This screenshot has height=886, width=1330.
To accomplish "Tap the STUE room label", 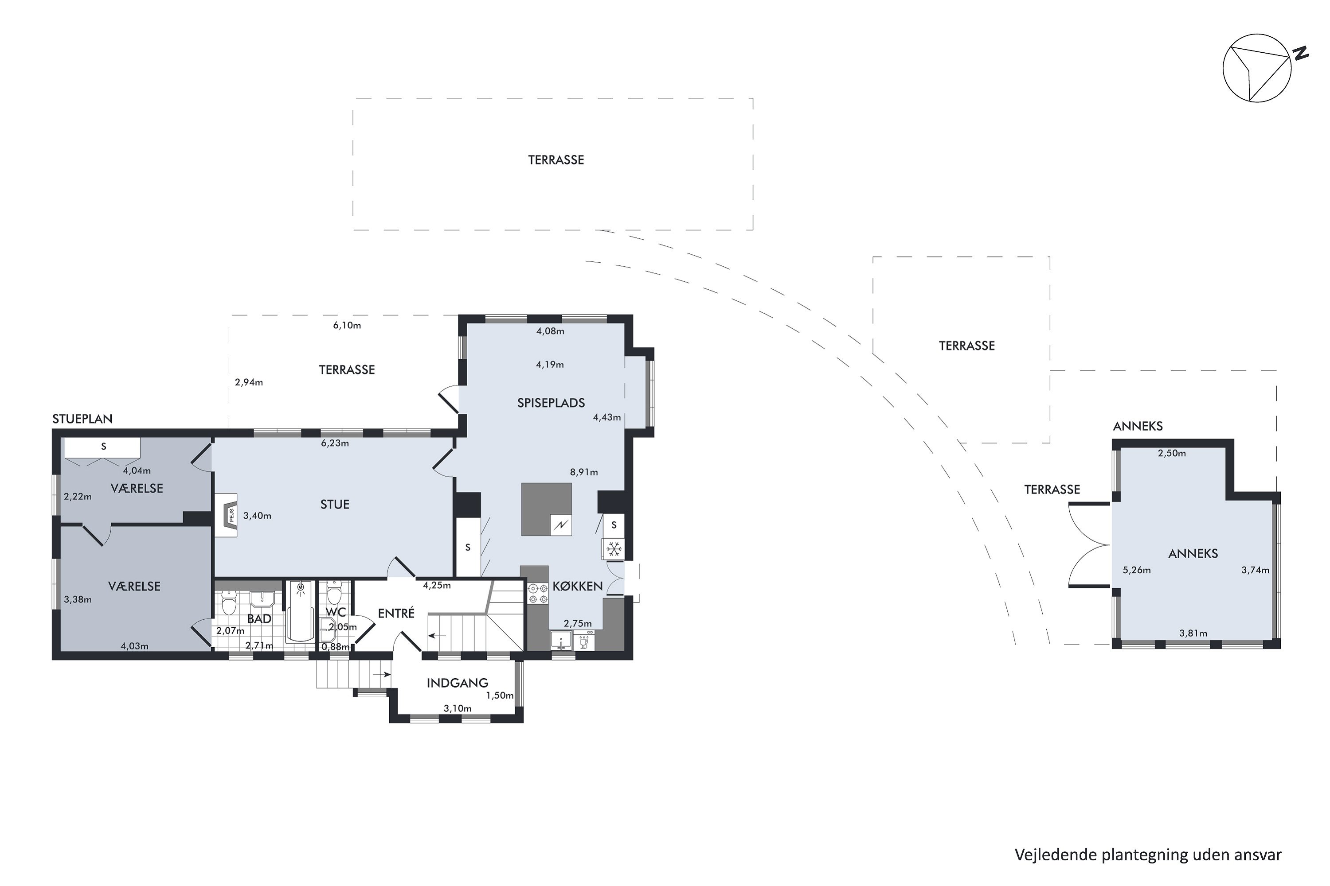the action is click(x=335, y=505).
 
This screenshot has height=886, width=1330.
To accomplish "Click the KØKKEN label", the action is click(x=577, y=587).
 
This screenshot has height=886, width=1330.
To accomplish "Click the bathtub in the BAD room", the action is click(x=300, y=611).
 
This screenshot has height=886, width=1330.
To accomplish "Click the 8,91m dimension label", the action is click(x=583, y=472).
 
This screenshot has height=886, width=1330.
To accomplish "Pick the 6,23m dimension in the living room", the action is click(x=335, y=443).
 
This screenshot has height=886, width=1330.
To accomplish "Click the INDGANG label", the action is click(x=457, y=683).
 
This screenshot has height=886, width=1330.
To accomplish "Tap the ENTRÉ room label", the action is click(x=396, y=613).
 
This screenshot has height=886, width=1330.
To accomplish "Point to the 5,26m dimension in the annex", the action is click(x=1137, y=570).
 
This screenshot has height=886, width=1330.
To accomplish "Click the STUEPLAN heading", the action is click(x=82, y=419).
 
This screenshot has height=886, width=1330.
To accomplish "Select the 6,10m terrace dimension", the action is click(x=347, y=326).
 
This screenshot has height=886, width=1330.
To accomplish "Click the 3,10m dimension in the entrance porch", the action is click(x=458, y=708).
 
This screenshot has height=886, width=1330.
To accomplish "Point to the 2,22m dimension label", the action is click(x=78, y=497).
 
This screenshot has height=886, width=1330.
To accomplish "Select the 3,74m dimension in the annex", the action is click(x=1256, y=570).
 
